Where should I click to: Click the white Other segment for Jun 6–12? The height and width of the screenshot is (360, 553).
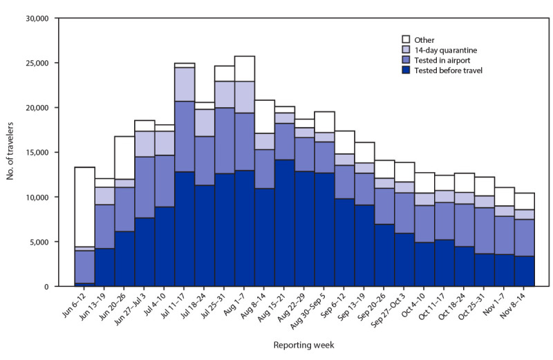tap(84, 207)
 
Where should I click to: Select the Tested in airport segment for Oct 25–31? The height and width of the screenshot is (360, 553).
tap(485, 231)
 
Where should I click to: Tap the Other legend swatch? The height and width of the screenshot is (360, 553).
tap(408, 39)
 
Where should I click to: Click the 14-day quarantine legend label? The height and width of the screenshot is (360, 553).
tap(446, 49)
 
